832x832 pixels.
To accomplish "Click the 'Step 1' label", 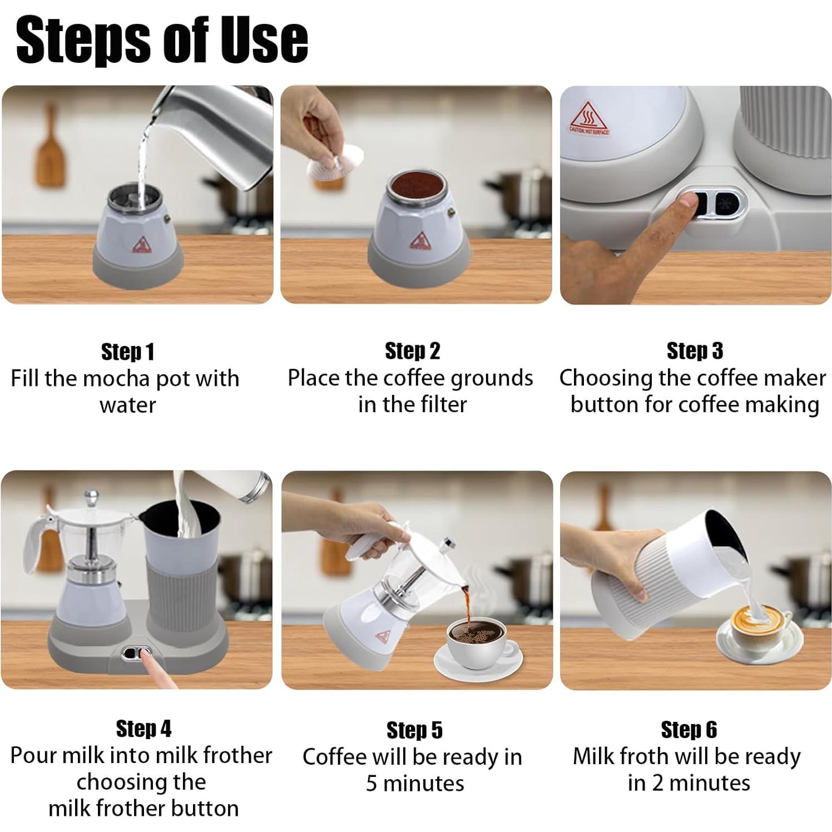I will tap(127, 351).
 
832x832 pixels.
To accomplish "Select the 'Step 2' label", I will tap(412, 351).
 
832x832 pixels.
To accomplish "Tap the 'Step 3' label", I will tap(695, 351).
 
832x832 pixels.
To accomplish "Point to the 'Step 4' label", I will tap(143, 729).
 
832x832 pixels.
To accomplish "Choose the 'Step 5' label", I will tap(414, 730).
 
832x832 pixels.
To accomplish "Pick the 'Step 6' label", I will tap(689, 729).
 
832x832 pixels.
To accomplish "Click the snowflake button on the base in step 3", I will tap(723, 203).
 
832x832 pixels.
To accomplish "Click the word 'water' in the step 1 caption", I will tap(127, 405).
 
